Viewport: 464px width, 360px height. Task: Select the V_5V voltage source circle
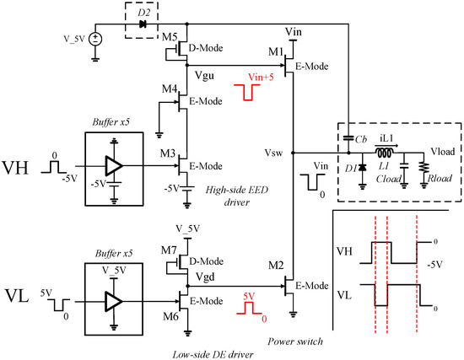click(x=96, y=39)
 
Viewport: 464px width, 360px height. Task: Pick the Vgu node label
click(x=203, y=75)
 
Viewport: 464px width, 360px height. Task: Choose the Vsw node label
click(x=273, y=153)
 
